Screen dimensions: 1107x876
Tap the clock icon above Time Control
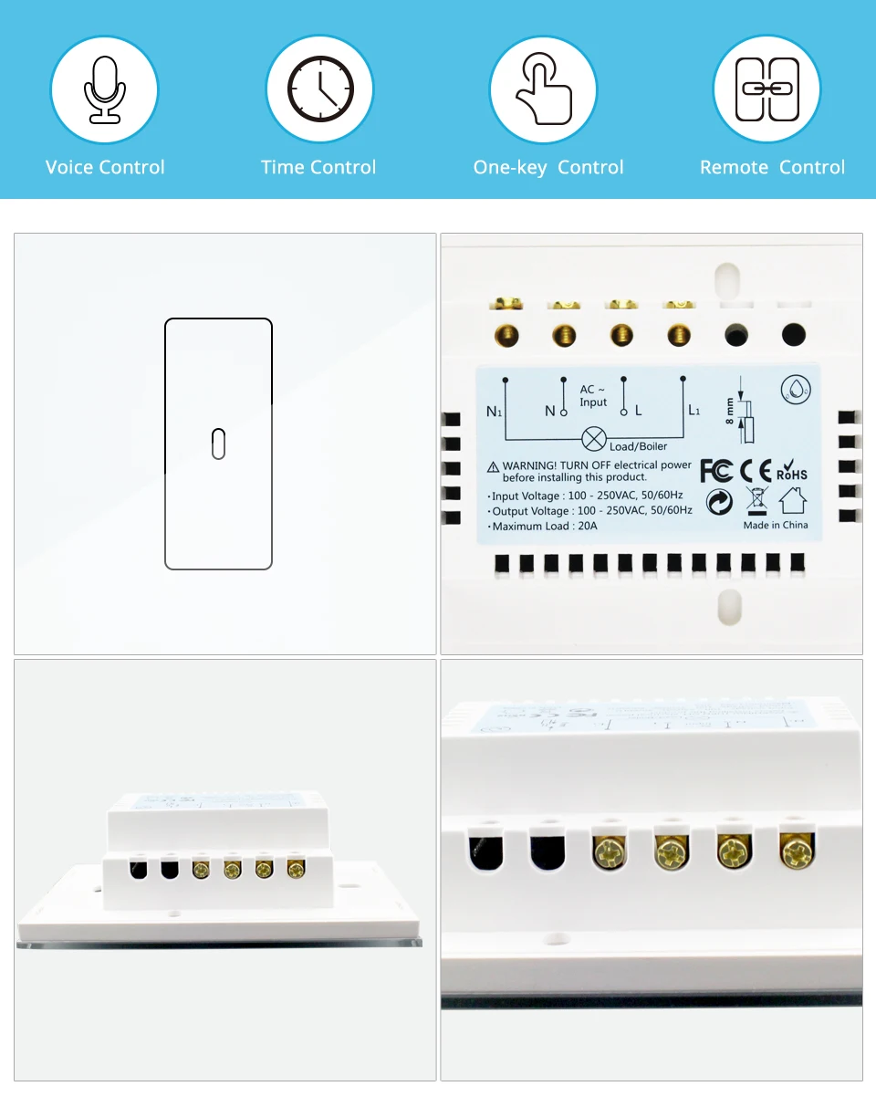(319, 89)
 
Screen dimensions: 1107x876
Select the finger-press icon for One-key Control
(543, 89)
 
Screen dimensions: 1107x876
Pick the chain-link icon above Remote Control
(766, 89)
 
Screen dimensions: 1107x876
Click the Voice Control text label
(105, 167)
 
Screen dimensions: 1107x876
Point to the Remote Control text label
(772, 167)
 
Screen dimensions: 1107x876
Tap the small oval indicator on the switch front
(218, 443)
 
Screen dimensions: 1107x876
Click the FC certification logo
(716, 470)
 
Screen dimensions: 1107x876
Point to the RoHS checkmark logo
(791, 469)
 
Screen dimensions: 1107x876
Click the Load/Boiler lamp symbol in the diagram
(594, 439)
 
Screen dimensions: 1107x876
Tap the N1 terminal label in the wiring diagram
(494, 412)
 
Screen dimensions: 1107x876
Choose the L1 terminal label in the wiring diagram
(693, 411)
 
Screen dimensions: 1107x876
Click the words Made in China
(776, 525)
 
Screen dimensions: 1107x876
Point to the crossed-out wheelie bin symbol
(757, 500)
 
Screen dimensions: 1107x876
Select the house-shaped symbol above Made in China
(793, 500)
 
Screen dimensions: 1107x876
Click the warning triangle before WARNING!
(494, 466)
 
